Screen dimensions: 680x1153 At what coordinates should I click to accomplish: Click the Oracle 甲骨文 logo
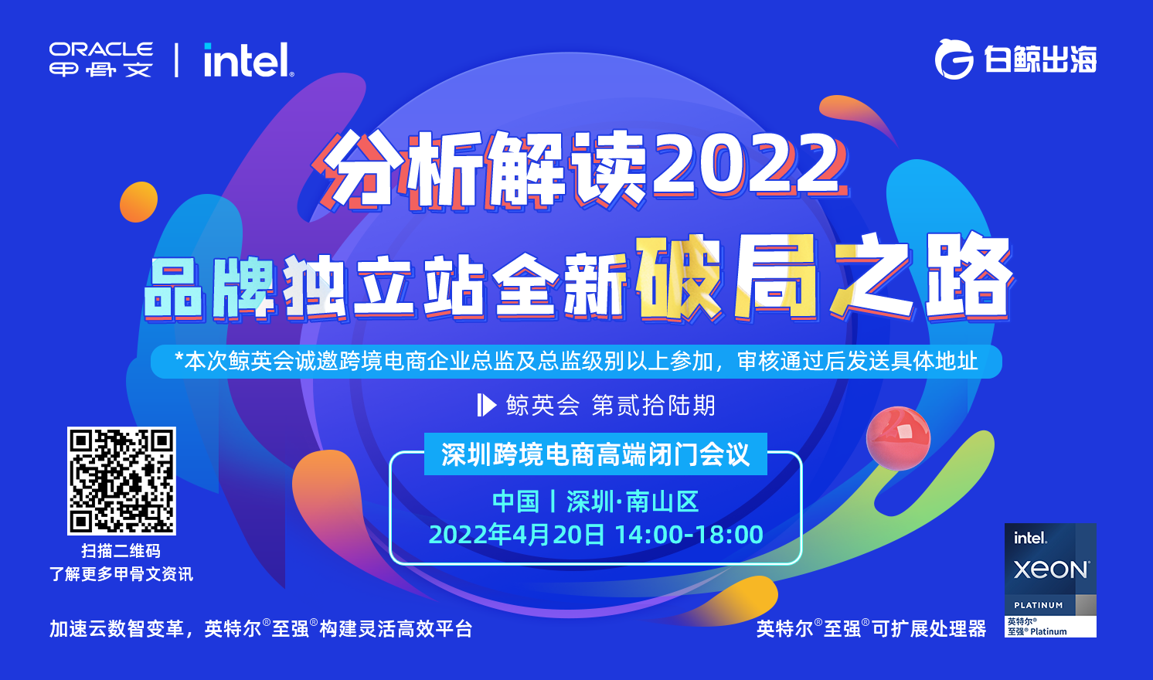point(100,59)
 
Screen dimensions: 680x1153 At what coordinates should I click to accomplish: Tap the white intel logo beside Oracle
point(248,60)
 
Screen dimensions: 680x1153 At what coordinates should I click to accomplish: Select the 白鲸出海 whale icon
point(954,59)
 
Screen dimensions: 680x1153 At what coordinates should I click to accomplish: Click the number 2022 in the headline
point(747,165)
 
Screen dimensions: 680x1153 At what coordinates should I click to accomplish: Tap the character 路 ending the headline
point(968,277)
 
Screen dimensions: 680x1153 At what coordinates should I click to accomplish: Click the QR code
point(121,481)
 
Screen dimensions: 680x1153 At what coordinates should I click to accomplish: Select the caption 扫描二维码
point(121,551)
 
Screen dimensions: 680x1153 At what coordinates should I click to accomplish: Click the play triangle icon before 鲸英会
point(486,405)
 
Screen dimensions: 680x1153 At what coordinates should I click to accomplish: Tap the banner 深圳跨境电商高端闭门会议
point(595,454)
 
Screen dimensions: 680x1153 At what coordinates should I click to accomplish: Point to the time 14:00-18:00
point(689,535)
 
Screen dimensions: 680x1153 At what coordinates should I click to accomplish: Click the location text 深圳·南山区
point(632,501)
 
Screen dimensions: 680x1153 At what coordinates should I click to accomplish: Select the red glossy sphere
point(898,438)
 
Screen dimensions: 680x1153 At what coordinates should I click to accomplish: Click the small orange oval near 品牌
point(139,202)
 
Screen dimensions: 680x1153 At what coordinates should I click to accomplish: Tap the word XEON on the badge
point(1051,570)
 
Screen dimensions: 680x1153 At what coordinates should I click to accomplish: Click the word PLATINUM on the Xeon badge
point(1038,605)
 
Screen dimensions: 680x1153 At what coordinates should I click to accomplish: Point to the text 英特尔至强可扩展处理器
point(871,629)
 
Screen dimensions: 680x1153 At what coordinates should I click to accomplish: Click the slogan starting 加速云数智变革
point(260,629)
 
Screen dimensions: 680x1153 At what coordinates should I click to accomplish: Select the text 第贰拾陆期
point(654,405)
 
